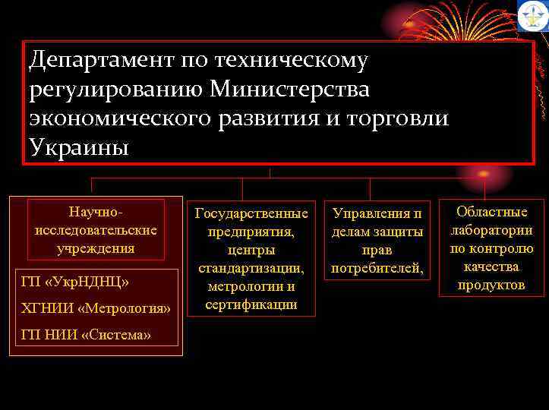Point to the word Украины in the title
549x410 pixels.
[80, 147]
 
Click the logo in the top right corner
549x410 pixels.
[533, 16]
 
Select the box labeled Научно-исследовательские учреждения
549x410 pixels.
[96, 228]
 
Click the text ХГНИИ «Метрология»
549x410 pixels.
[96, 309]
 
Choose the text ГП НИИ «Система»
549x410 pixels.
[86, 335]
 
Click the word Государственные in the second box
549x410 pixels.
[251, 213]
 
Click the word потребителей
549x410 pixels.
[377, 268]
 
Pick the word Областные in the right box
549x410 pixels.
[491, 213]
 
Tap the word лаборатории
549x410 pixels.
[491, 230]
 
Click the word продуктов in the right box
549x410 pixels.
[491, 285]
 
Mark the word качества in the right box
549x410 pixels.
[491, 266]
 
